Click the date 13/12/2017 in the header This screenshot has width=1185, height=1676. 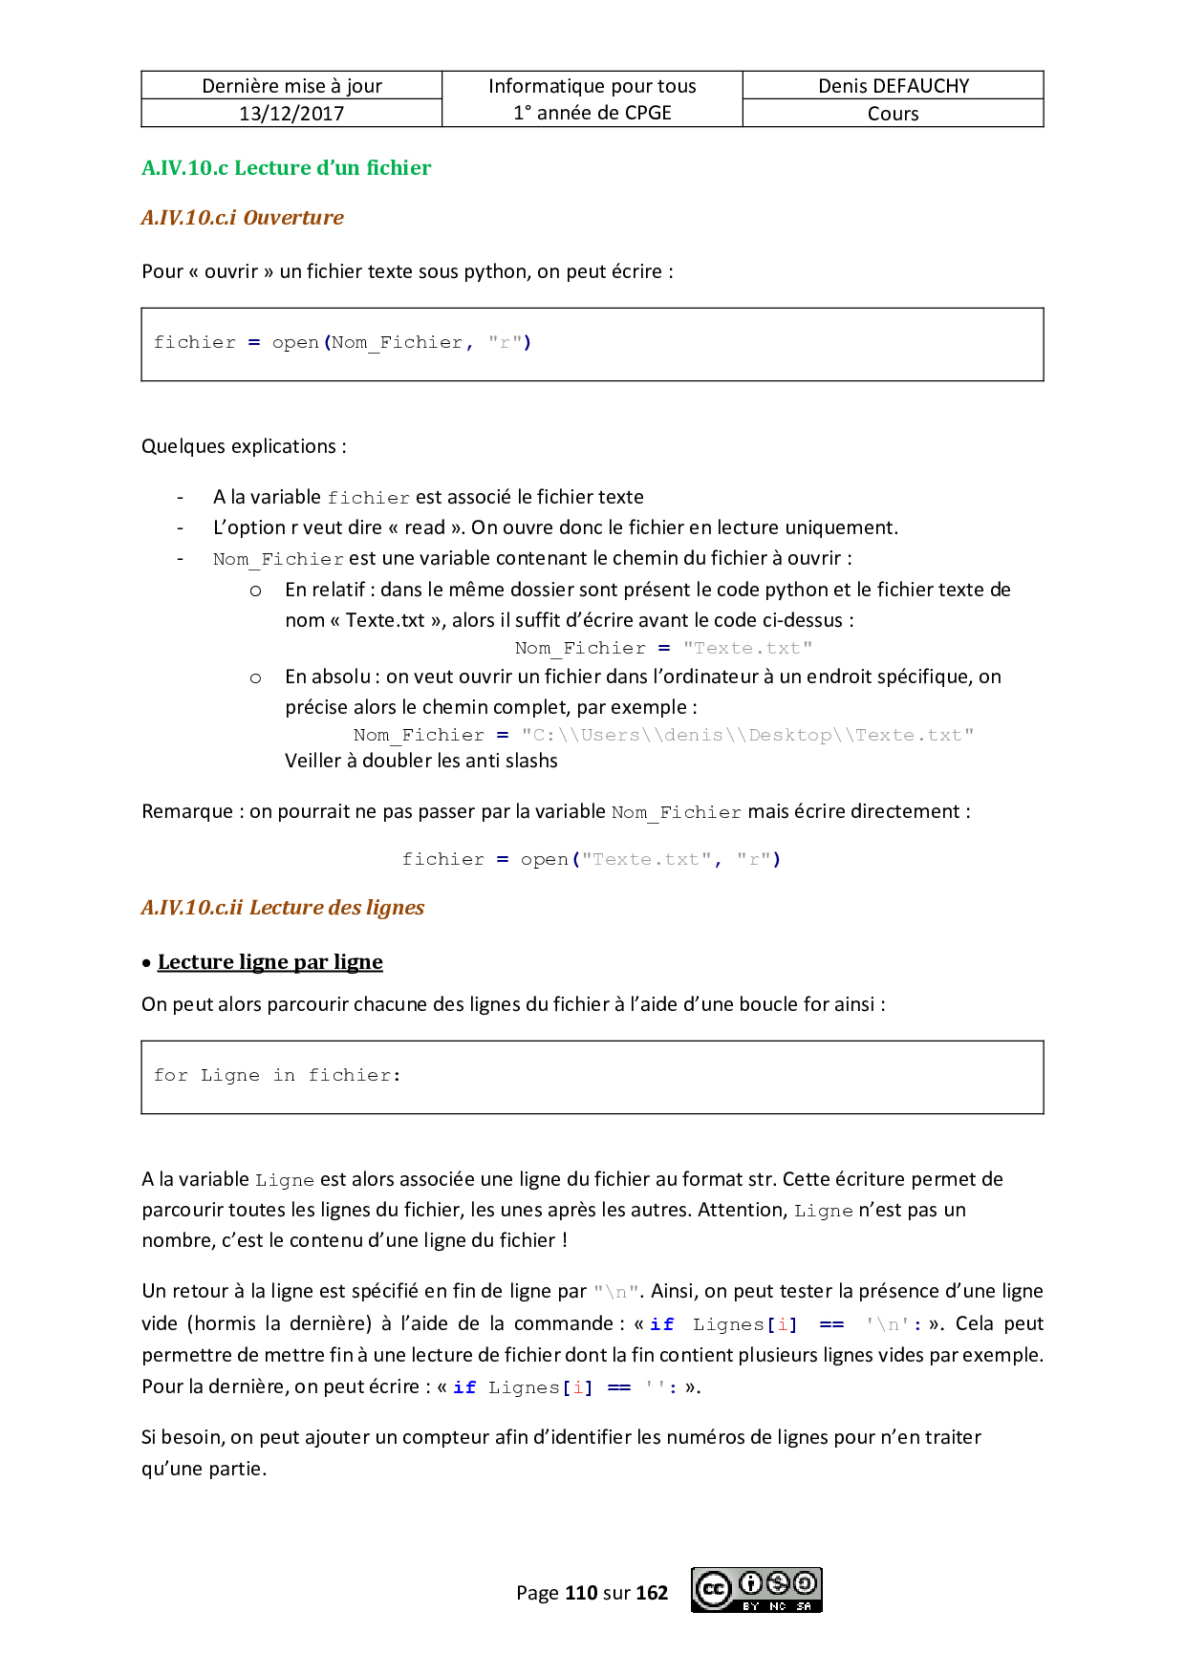tap(291, 114)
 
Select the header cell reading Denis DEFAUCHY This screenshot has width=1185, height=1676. tap(893, 86)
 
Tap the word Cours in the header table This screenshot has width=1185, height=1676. tap(893, 114)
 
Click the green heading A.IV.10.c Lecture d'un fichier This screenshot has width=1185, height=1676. tap(286, 168)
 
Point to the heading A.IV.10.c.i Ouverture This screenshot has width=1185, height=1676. tap(242, 218)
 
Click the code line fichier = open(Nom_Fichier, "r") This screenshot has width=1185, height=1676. tap(342, 343)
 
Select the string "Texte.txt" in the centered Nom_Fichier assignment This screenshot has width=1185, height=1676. tap(747, 649)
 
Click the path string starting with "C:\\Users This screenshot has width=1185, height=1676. tap(746, 736)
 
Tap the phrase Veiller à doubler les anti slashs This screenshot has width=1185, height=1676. tap(420, 762)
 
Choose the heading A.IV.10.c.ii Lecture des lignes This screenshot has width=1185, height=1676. tap(282, 908)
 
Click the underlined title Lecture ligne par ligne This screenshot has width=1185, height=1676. tap(269, 962)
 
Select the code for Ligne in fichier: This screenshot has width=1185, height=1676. tap(277, 1076)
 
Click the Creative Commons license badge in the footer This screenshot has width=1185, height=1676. tap(756, 1590)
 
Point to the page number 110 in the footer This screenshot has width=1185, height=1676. tap(581, 1593)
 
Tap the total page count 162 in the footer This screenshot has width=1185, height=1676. tap(652, 1593)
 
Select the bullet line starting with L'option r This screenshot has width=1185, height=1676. tap(554, 528)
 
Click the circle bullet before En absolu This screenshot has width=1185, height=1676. tap(255, 678)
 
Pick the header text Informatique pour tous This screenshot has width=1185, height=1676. tap(592, 86)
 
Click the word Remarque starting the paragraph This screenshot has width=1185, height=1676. tap(186, 812)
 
